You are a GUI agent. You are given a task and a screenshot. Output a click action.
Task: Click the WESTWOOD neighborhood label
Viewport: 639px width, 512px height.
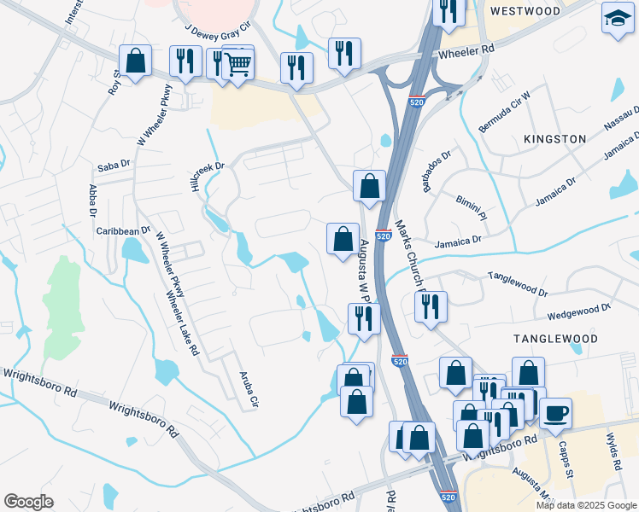[x=525, y=11]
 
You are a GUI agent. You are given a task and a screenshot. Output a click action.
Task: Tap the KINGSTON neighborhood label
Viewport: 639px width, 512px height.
[x=556, y=138]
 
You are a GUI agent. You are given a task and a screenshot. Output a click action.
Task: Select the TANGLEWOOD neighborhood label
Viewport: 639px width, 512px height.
[x=552, y=339]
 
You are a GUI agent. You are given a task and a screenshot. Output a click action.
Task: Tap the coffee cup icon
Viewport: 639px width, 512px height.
[x=555, y=413]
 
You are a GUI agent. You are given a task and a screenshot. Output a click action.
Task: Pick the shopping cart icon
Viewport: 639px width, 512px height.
[x=237, y=62]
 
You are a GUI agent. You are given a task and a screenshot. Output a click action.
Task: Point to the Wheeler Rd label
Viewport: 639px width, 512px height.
[x=466, y=52]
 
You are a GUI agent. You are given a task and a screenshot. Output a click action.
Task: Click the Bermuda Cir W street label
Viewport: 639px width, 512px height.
[x=506, y=110]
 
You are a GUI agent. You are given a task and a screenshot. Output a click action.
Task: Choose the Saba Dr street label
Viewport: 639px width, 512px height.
[x=114, y=163]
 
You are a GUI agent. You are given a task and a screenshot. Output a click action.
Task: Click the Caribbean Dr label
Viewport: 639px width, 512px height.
[x=123, y=230]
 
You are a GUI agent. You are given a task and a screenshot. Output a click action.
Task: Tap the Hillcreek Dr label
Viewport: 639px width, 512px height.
[x=208, y=177]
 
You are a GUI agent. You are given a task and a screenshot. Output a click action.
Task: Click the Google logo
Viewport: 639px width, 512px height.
[x=28, y=502]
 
